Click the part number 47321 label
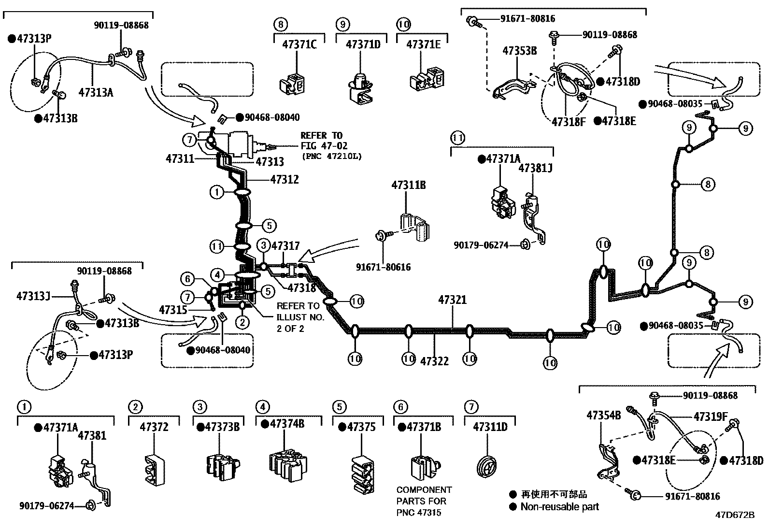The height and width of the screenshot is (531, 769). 453,300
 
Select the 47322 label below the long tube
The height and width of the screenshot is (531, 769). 434,361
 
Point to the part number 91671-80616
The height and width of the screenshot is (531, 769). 383,267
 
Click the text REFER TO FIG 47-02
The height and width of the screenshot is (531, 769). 324,141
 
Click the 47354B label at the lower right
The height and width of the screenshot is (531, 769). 603,415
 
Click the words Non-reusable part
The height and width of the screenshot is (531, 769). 559,506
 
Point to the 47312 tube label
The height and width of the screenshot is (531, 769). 284,179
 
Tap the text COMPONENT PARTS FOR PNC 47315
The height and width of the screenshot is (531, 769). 424,501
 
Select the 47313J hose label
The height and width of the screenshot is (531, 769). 33,296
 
